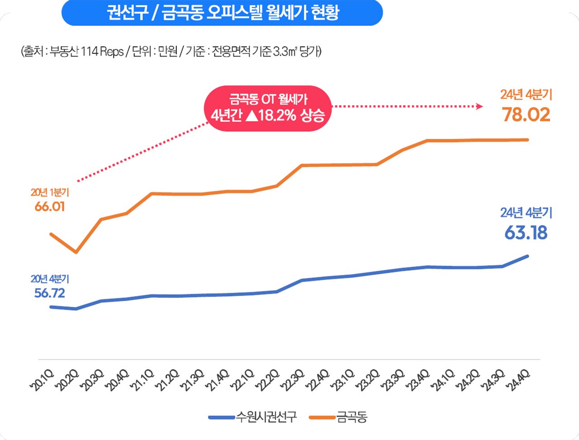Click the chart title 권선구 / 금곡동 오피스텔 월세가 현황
(x=222, y=13)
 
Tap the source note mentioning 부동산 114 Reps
(x=171, y=52)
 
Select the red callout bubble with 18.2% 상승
(x=268, y=108)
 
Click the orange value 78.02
(x=526, y=115)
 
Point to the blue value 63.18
(x=526, y=233)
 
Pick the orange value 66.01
(x=50, y=207)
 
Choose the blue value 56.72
(x=50, y=293)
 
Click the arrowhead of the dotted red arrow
(x=479, y=106)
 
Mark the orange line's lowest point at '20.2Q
(x=76, y=252)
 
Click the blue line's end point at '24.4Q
(x=527, y=256)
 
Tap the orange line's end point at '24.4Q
(x=527, y=140)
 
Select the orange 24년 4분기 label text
(x=526, y=95)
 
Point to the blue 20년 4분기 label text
(x=50, y=279)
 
